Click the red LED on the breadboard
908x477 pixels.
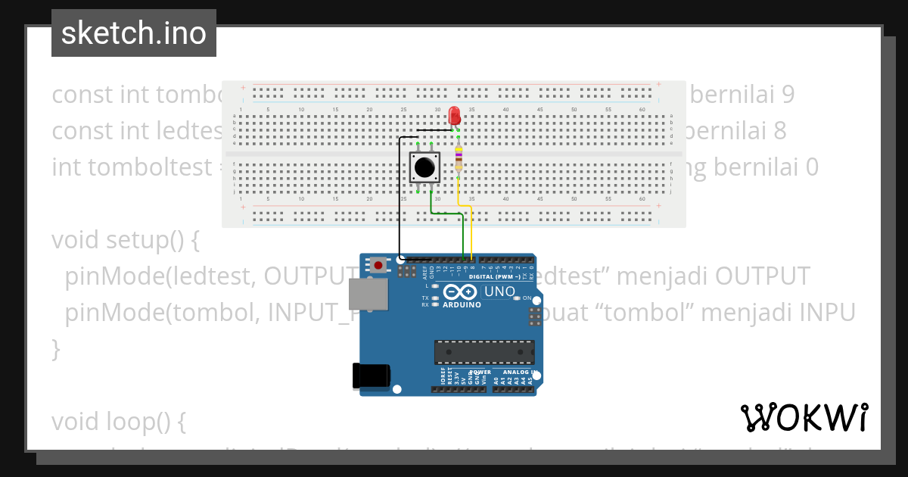(x=454, y=115)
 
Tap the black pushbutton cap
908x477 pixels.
(x=424, y=166)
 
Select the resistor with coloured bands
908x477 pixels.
(x=458, y=159)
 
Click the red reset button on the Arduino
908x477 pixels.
(x=378, y=265)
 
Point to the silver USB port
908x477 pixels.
(x=366, y=294)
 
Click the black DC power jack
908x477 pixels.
(x=372, y=376)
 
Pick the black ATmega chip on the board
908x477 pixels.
(x=484, y=352)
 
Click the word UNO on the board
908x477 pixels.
(x=499, y=291)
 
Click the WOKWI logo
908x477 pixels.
(x=804, y=417)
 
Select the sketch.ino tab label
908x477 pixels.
(x=134, y=33)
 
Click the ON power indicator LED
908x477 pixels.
(x=517, y=298)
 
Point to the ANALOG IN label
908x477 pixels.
(x=515, y=372)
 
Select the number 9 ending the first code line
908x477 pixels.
(x=788, y=95)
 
